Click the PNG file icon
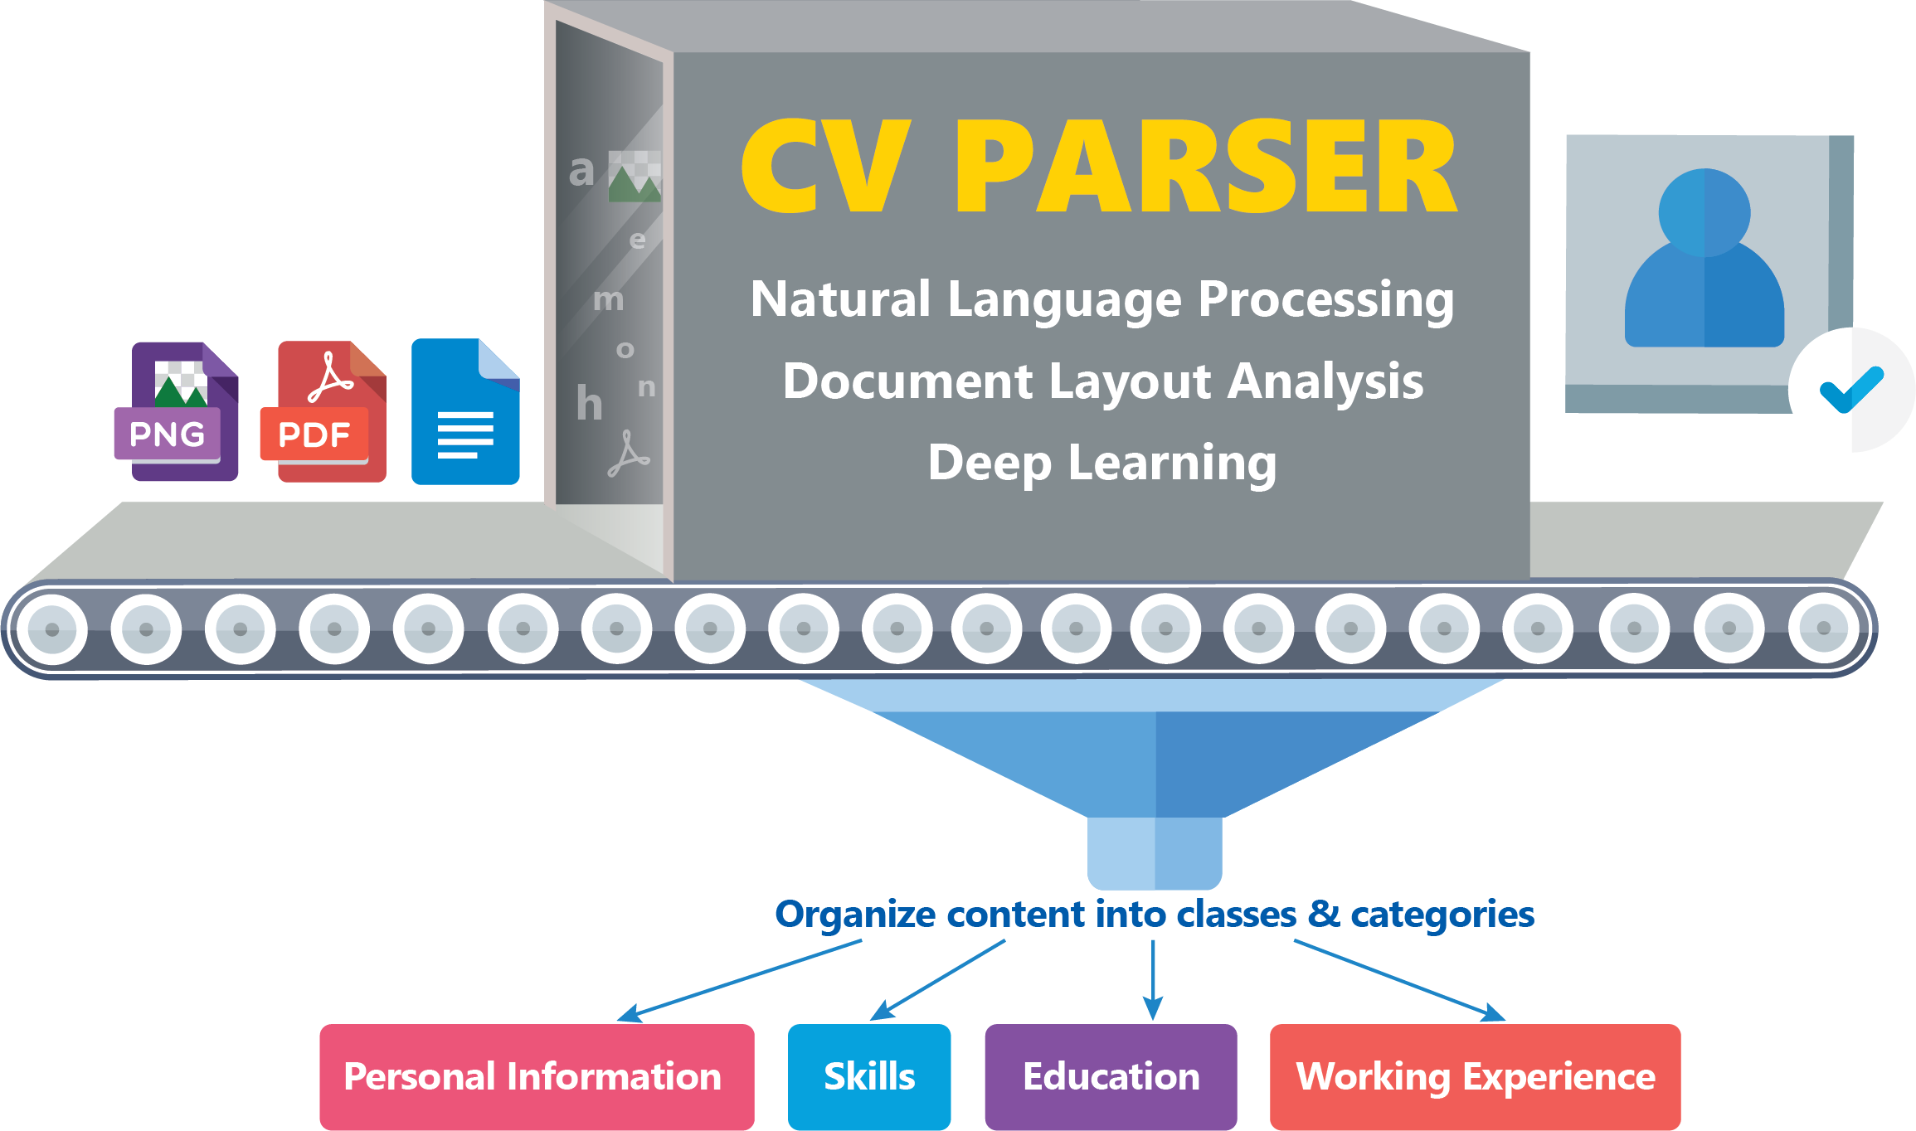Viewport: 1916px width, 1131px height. (x=177, y=411)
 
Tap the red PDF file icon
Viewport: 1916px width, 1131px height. (x=323, y=411)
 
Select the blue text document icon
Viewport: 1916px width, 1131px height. (x=465, y=411)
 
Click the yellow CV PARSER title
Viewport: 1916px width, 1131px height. (x=1099, y=166)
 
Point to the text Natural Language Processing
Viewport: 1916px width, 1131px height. (x=1102, y=300)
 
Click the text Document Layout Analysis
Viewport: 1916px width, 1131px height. (x=1103, y=381)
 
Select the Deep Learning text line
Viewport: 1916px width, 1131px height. (x=1102, y=464)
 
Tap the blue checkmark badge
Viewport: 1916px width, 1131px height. (x=1851, y=390)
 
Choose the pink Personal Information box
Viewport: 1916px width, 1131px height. (x=537, y=1076)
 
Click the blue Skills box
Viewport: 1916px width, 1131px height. (x=869, y=1076)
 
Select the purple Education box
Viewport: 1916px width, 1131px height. (x=1111, y=1076)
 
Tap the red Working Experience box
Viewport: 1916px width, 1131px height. (x=1476, y=1076)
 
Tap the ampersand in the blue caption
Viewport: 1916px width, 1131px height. (x=1324, y=913)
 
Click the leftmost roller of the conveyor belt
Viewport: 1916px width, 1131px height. (x=52, y=629)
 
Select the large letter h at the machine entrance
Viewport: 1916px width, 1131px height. (x=589, y=403)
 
